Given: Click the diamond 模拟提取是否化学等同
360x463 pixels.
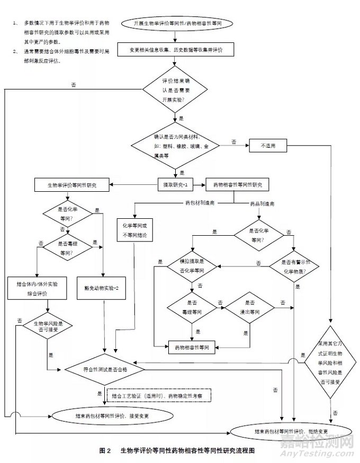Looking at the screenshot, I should pyautogui.click(x=193, y=266).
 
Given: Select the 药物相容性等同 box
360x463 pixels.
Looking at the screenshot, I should pyautogui.click(x=192, y=348).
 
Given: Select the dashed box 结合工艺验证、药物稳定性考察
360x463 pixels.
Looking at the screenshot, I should pyautogui.click(x=161, y=396).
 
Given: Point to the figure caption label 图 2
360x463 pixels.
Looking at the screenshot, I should pyautogui.click(x=104, y=450).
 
